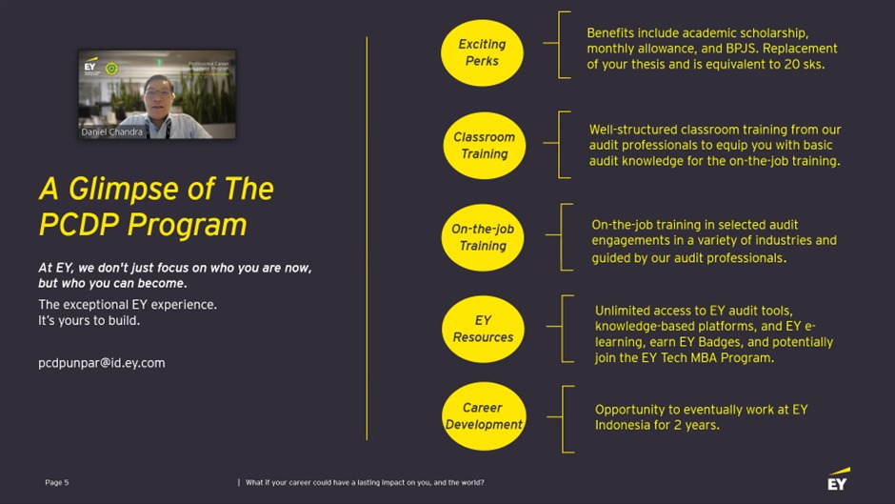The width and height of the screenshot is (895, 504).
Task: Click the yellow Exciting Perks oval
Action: [x=482, y=53]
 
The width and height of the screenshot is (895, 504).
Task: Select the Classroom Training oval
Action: [x=484, y=145]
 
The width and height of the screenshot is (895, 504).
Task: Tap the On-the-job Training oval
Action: [x=483, y=237]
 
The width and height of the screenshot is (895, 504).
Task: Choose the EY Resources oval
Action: [x=483, y=329]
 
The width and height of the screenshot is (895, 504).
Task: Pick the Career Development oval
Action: [x=484, y=416]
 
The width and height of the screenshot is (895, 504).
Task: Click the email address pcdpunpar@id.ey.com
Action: [x=101, y=363]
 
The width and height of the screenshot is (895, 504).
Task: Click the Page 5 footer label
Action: [x=56, y=483]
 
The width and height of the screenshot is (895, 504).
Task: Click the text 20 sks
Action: [x=802, y=65]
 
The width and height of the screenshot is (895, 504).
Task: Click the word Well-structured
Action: [x=631, y=130]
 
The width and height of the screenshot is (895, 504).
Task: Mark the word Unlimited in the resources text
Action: [x=624, y=311]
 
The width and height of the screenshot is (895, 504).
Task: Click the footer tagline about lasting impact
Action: [x=365, y=483]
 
